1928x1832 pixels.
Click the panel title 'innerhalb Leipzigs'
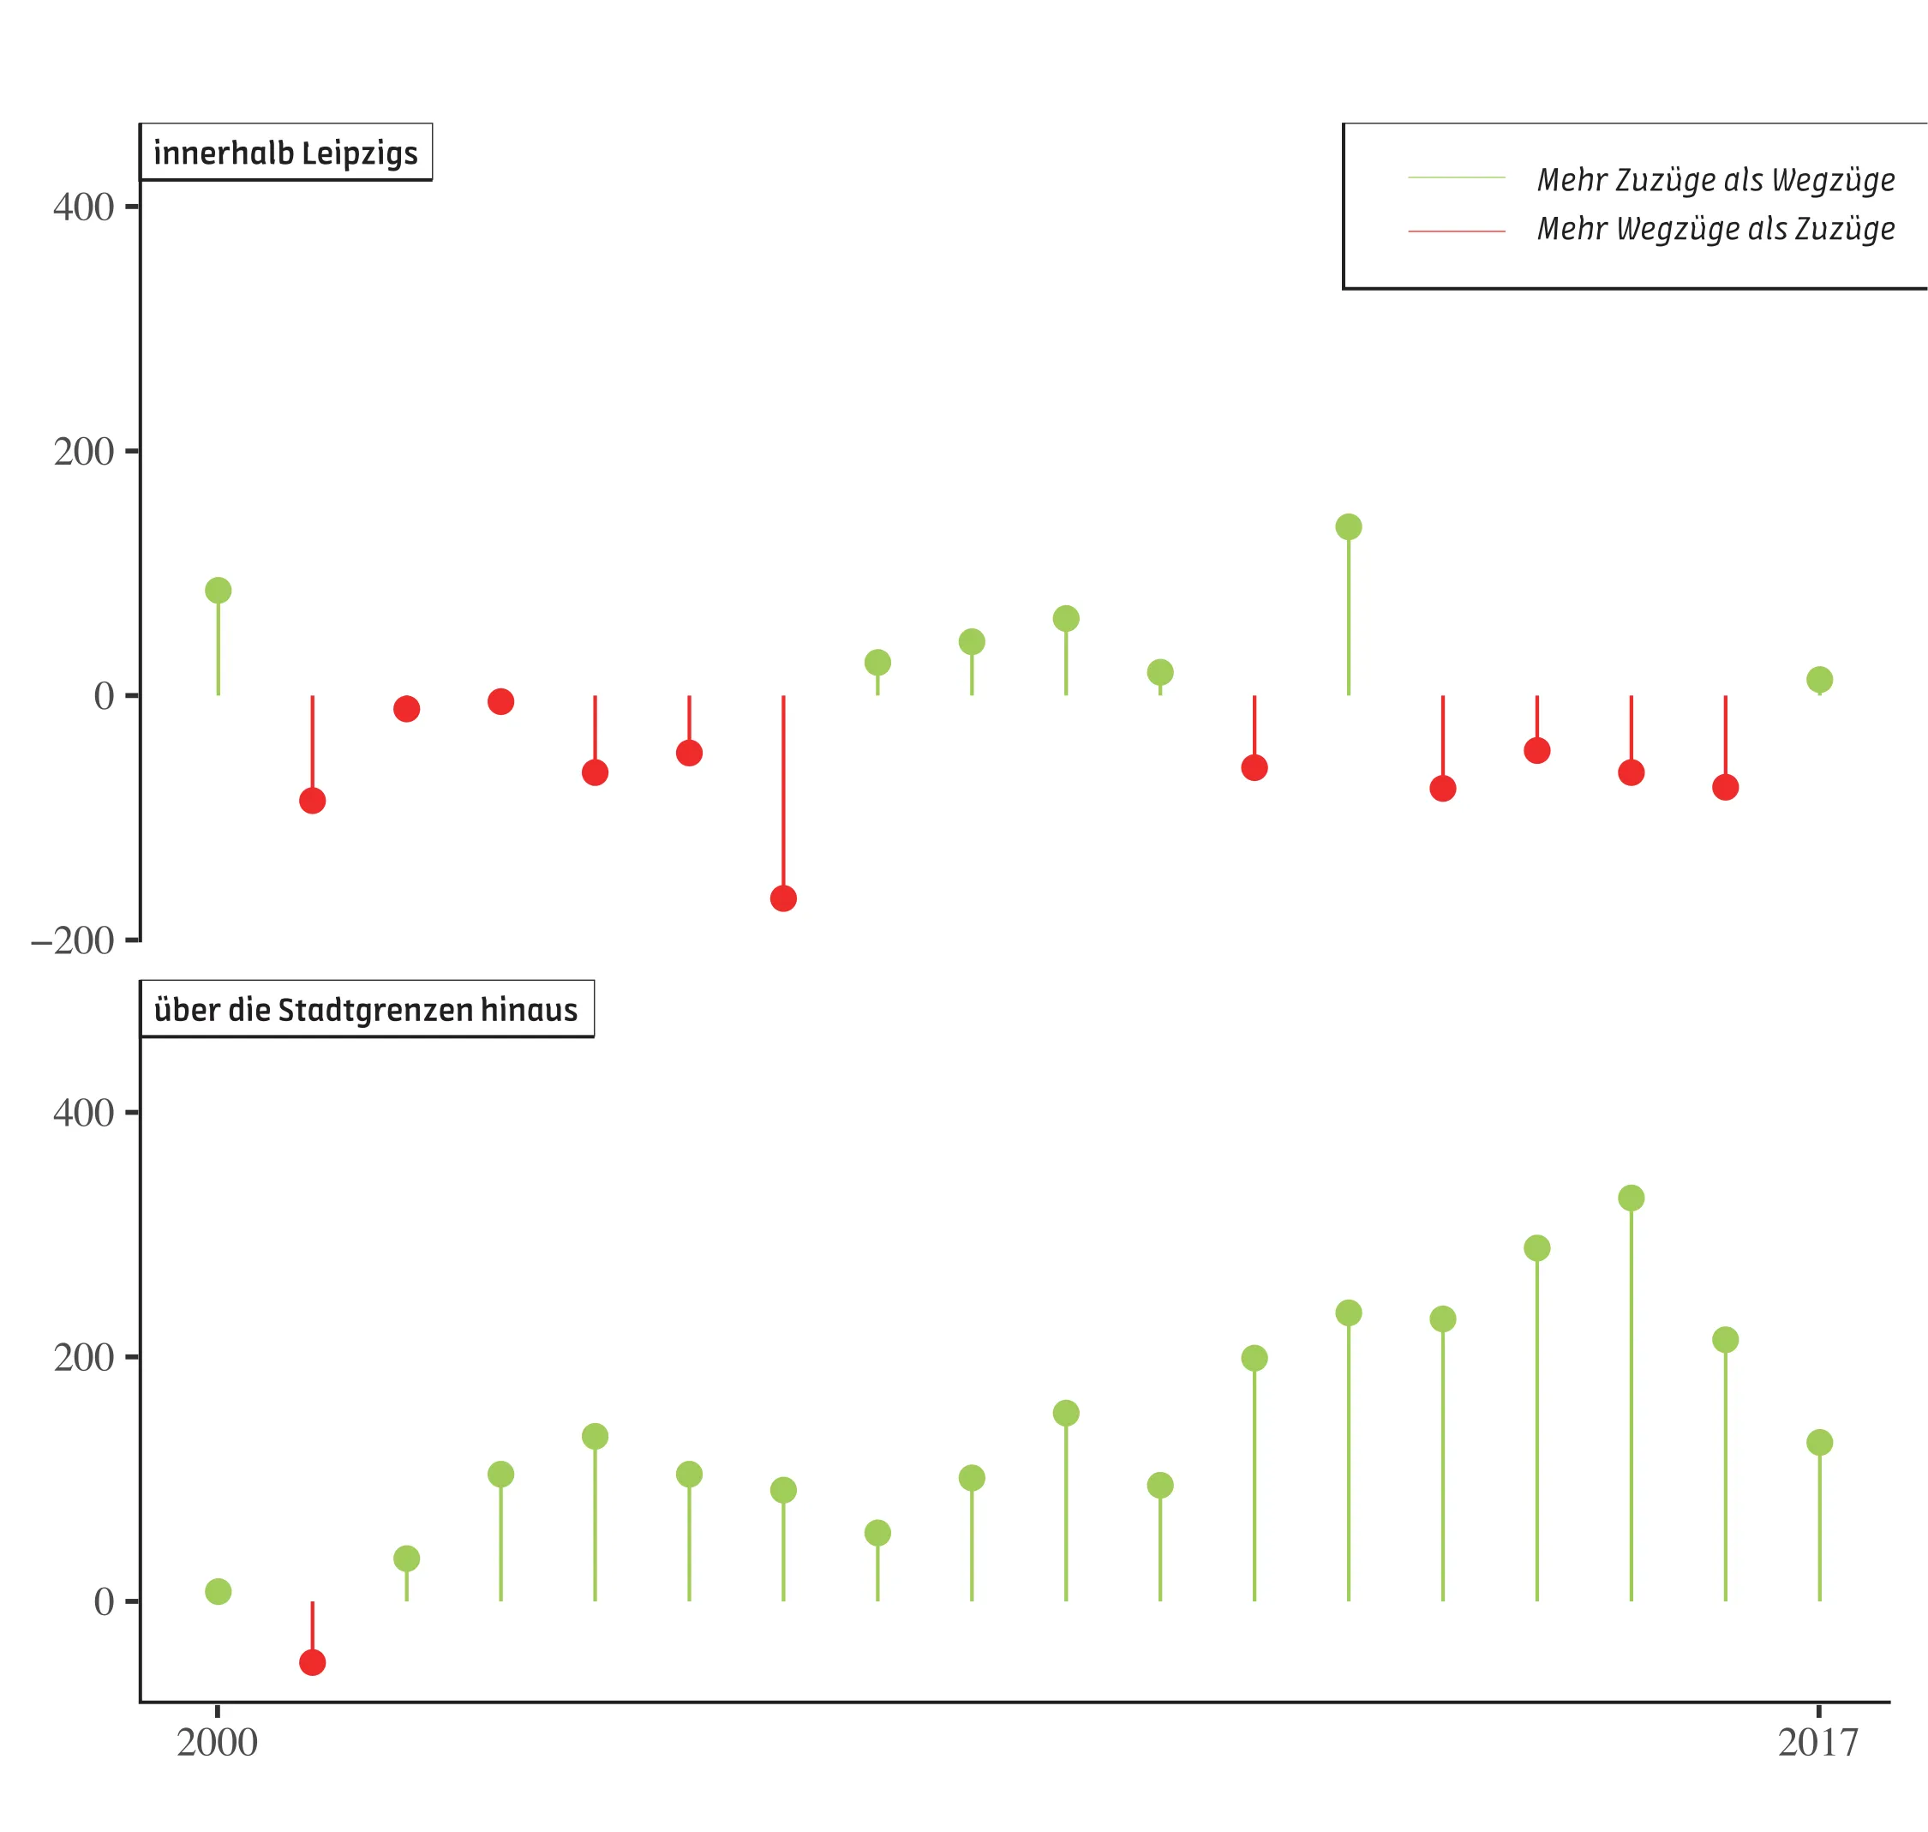coord(285,153)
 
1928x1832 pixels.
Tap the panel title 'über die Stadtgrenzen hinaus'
coord(366,1010)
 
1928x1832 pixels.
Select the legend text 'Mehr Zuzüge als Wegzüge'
coord(1715,180)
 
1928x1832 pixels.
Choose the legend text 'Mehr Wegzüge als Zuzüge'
coord(1715,229)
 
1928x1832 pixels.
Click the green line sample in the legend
coord(1457,177)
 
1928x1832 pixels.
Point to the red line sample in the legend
coord(1457,231)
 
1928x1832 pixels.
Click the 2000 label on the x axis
coord(217,1742)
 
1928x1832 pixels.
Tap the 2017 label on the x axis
coord(1817,1742)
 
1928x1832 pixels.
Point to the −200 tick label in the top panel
coord(73,941)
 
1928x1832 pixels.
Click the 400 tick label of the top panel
coord(84,207)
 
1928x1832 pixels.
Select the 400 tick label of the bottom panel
coord(84,1112)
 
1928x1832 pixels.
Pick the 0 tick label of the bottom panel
coord(104,1602)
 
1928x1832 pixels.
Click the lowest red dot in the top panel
coord(783,898)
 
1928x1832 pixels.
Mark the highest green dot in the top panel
coord(1348,527)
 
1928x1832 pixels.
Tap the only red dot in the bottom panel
coord(313,1662)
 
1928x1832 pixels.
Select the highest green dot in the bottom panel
coord(1632,1198)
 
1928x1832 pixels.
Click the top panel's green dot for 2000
coord(218,590)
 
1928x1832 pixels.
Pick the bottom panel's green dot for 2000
coord(218,1592)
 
